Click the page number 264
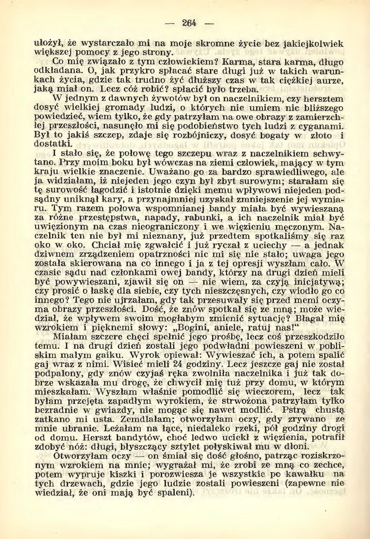(x=190, y=23)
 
